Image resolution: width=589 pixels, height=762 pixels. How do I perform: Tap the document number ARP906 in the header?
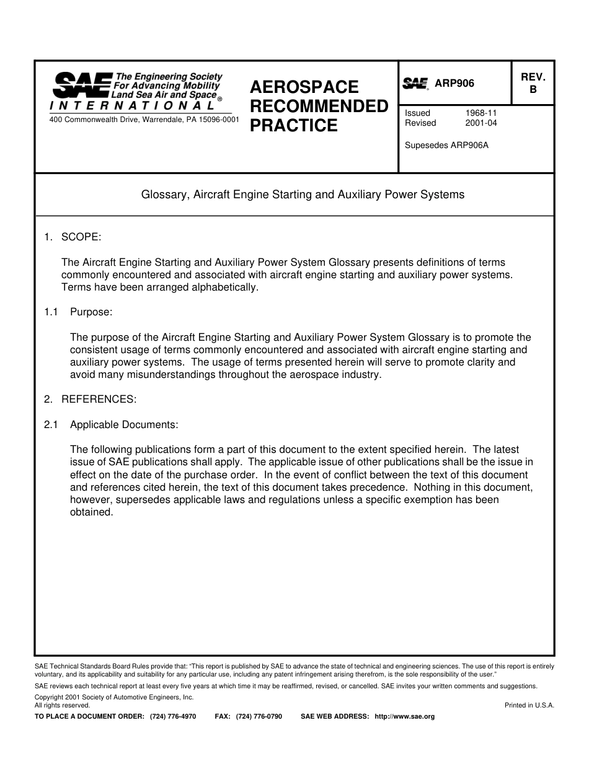[454, 84]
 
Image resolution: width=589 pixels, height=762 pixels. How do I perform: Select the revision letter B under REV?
[533, 89]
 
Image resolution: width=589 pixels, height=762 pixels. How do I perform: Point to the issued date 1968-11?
[481, 113]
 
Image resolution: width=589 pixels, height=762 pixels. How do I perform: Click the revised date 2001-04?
[481, 123]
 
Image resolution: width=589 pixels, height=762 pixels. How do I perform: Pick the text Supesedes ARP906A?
[446, 146]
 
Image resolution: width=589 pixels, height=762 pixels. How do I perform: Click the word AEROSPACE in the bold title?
[304, 87]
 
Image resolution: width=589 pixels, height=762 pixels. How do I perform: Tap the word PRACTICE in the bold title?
[294, 126]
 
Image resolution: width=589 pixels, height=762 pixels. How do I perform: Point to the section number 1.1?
[51, 312]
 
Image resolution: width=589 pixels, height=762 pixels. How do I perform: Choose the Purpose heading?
[91, 312]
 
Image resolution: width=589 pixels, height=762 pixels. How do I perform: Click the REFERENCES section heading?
[99, 400]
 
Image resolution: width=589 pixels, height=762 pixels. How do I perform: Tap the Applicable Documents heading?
[124, 425]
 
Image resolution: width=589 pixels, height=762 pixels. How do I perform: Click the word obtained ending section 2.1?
[92, 512]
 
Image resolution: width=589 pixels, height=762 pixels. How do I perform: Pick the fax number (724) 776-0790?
[259, 717]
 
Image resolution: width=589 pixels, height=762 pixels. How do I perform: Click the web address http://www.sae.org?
[405, 717]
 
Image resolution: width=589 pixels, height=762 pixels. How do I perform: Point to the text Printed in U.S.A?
[529, 705]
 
